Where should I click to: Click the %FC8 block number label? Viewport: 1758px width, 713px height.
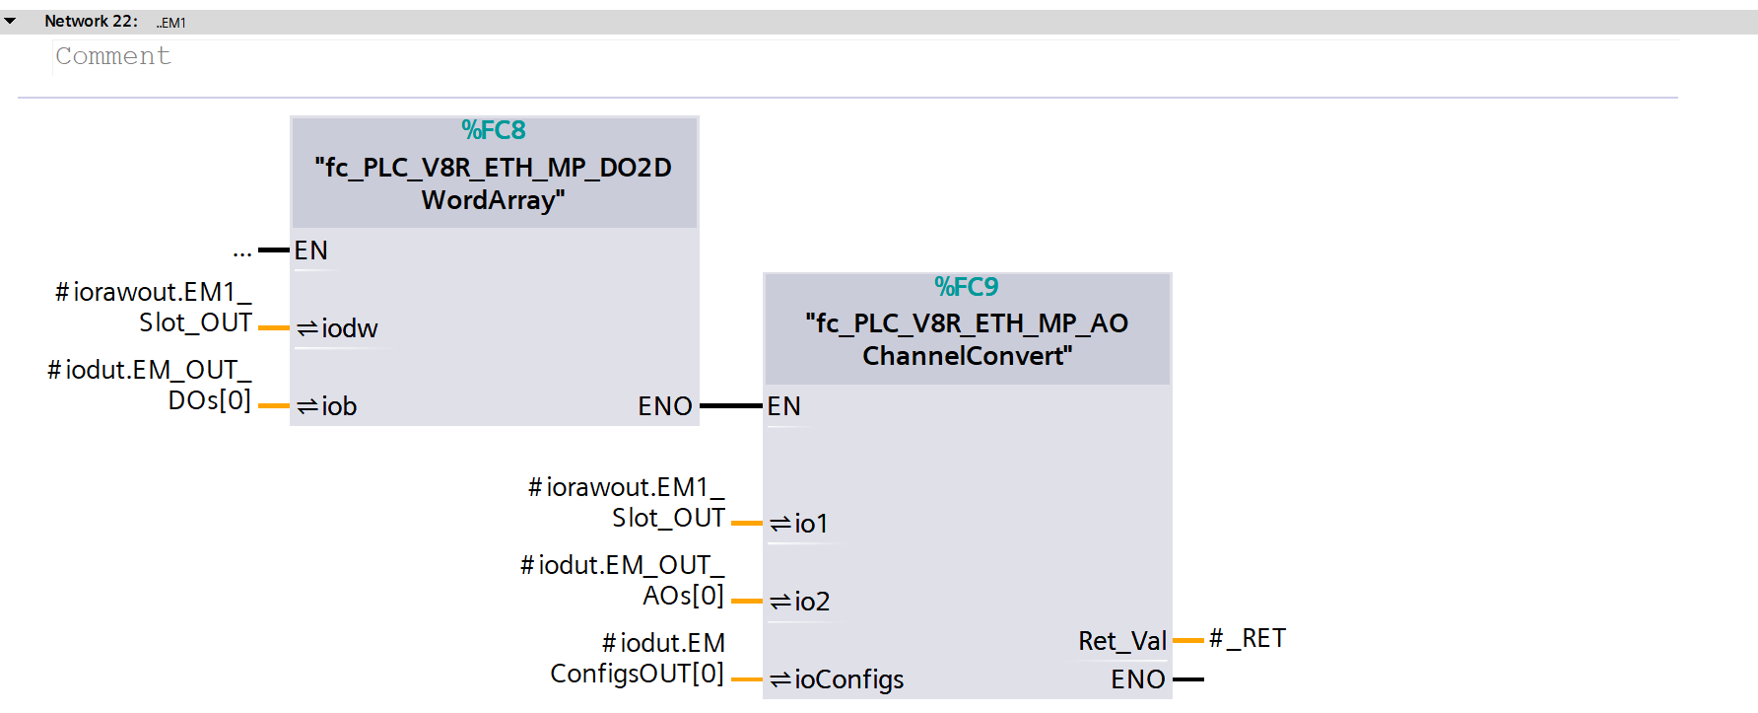click(x=494, y=130)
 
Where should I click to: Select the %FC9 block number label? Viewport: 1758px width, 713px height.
click(x=967, y=287)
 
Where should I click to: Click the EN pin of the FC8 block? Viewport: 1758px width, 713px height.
click(x=310, y=250)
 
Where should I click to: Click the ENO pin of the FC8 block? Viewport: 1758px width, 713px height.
click(x=665, y=406)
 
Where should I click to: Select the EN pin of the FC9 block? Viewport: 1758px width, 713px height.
click(x=784, y=406)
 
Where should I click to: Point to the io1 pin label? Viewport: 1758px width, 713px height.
click(x=810, y=524)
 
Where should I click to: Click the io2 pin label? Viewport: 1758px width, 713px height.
click(x=811, y=602)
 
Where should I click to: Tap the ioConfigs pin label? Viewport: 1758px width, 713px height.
click(x=847, y=679)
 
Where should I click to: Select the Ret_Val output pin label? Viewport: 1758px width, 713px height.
click(x=1122, y=641)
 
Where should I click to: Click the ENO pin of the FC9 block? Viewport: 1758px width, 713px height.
click(x=1138, y=679)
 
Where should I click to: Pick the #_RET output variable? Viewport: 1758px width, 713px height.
click(x=1248, y=639)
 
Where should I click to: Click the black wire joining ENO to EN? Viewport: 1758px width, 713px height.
click(x=730, y=405)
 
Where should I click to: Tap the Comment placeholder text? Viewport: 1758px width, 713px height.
click(x=113, y=56)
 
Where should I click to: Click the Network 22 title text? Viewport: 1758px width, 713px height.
click(x=91, y=21)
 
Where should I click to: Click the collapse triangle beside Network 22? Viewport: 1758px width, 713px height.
click(x=10, y=21)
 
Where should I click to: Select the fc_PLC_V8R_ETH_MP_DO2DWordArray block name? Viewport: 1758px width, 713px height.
click(x=494, y=183)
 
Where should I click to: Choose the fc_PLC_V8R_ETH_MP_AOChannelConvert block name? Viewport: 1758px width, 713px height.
click(x=967, y=339)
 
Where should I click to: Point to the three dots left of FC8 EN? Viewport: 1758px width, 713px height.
click(x=242, y=253)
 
